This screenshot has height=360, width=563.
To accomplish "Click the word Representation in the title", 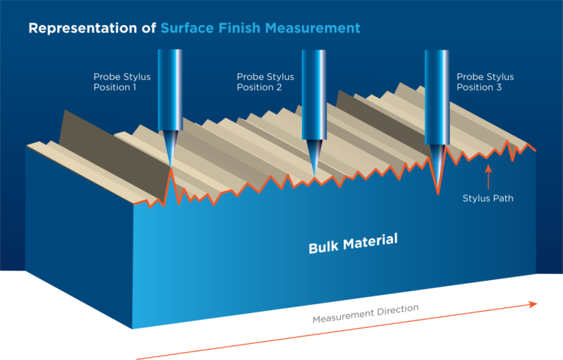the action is click(x=83, y=29).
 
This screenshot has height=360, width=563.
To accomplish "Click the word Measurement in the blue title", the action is click(x=313, y=28).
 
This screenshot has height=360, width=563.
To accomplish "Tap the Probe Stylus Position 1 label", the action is click(x=122, y=82).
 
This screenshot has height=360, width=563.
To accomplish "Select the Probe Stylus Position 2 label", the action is click(x=265, y=82).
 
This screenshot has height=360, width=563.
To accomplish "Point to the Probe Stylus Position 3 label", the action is click(x=485, y=82).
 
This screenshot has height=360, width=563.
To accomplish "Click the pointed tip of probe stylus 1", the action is click(x=171, y=166).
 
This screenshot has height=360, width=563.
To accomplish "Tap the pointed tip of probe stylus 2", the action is click(x=314, y=175).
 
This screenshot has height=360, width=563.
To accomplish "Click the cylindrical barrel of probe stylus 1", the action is click(x=170, y=90).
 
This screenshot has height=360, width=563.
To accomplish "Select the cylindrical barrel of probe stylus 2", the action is click(x=314, y=95).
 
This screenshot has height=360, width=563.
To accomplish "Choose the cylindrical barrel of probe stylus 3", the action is click(x=437, y=97).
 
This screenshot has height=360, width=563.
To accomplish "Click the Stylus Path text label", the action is click(x=488, y=198).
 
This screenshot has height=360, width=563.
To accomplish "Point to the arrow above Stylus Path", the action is click(x=488, y=177).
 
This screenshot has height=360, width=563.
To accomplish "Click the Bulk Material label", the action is click(x=353, y=243).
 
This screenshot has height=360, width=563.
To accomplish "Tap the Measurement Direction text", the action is click(x=366, y=314).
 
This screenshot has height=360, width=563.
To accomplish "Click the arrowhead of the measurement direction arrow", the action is click(x=533, y=304).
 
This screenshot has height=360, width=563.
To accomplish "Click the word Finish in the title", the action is click(x=239, y=28).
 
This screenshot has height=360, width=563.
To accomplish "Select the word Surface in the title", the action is click(x=187, y=28).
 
